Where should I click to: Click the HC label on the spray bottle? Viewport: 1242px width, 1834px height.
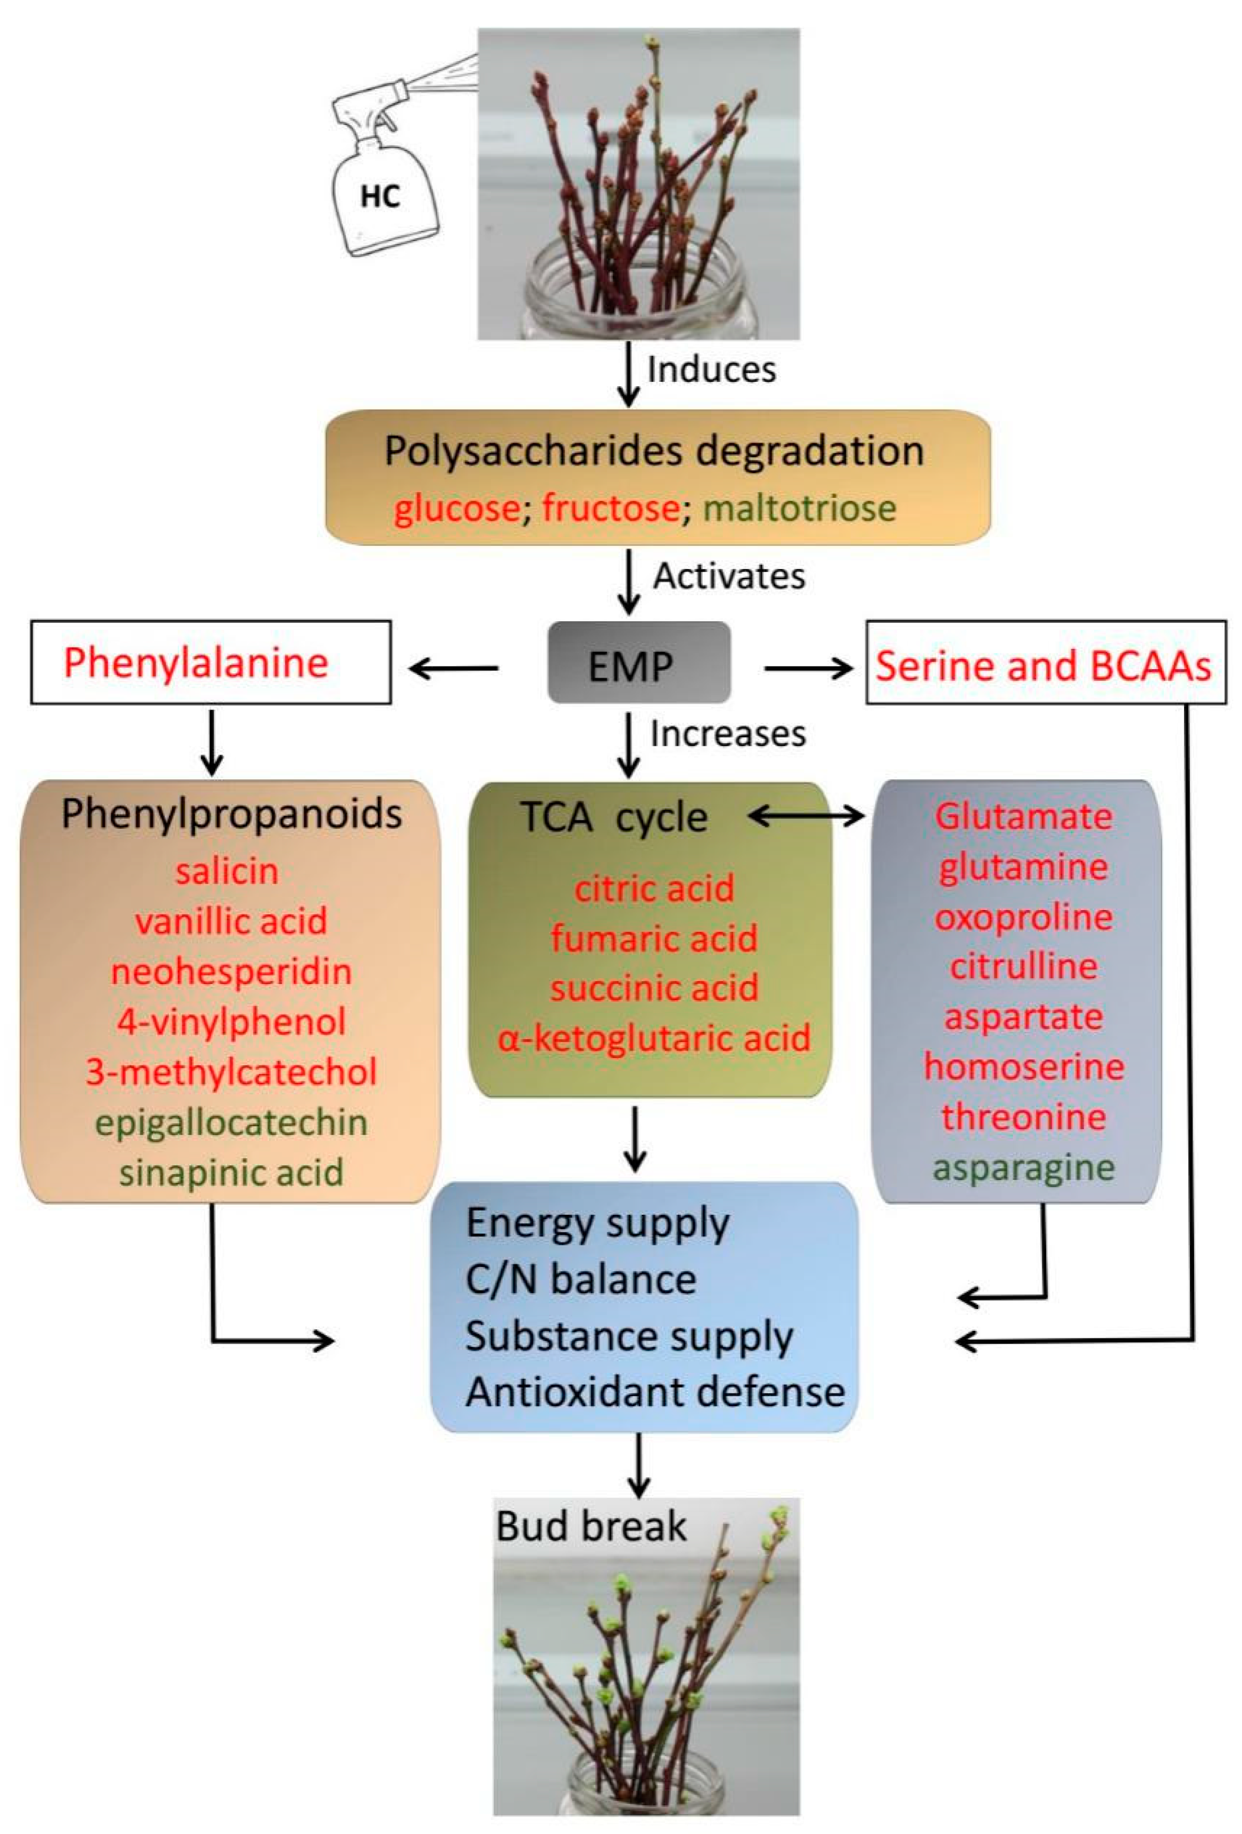point(380,196)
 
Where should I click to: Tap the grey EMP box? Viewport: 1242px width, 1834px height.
point(638,663)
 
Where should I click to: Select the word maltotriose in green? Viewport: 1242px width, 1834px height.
point(798,507)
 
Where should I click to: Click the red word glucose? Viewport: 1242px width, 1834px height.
point(456,507)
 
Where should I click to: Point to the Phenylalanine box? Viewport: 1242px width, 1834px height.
point(210,662)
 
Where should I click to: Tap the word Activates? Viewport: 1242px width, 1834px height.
point(728,576)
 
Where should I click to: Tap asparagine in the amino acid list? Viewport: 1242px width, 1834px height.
point(1023,1167)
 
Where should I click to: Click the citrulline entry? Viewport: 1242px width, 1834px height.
point(1023,966)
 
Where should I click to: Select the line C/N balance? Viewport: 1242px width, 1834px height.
point(581,1279)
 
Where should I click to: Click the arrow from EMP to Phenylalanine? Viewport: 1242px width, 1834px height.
point(454,669)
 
